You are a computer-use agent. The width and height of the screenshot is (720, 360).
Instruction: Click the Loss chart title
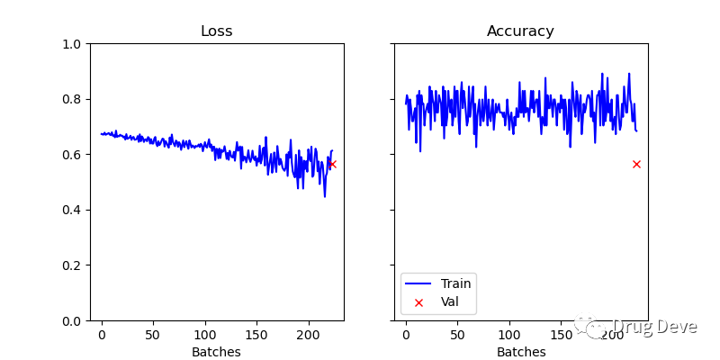[216, 31]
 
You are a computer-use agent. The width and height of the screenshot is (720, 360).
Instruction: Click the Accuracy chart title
[520, 31]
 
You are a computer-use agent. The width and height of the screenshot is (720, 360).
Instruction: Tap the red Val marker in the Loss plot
[332, 164]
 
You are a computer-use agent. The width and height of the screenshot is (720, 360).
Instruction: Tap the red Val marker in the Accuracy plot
[636, 164]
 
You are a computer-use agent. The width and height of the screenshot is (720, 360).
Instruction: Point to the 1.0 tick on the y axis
[72, 44]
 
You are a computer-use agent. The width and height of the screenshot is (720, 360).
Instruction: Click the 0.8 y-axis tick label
[72, 99]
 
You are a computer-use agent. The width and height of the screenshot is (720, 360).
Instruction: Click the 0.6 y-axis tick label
[72, 155]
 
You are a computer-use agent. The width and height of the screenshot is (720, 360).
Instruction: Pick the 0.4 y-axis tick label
[72, 210]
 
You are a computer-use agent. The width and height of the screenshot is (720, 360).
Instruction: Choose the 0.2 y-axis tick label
[72, 265]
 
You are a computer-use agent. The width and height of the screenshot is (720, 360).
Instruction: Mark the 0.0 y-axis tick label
[72, 320]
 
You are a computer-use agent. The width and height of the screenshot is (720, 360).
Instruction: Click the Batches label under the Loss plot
[216, 352]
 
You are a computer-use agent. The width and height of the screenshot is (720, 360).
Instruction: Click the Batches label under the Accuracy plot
[520, 352]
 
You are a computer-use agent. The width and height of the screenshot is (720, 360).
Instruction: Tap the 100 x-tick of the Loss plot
[205, 335]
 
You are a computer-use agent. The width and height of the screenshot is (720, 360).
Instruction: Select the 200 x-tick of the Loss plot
[309, 335]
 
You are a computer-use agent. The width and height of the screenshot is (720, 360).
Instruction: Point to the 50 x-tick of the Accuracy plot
[457, 335]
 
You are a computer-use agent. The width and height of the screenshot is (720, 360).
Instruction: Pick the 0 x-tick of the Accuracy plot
[406, 335]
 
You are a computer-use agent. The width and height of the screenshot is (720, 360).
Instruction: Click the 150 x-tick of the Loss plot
[256, 335]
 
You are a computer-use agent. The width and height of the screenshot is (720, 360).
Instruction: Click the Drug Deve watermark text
[654, 327]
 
